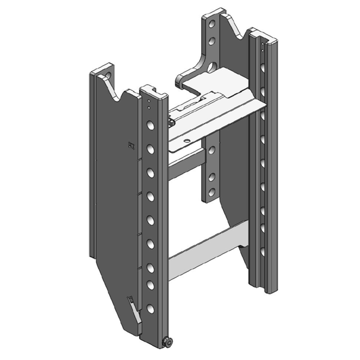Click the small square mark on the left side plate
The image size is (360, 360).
pos(130,145)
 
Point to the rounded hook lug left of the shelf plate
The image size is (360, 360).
pos(182,80)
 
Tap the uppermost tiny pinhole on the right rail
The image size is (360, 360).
pos(261,45)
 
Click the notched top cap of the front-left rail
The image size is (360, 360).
pos(153,92)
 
